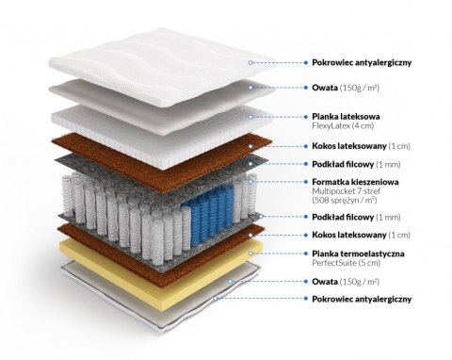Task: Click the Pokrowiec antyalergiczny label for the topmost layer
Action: [x=362, y=62]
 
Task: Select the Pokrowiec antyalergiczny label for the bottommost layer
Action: [x=362, y=298]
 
